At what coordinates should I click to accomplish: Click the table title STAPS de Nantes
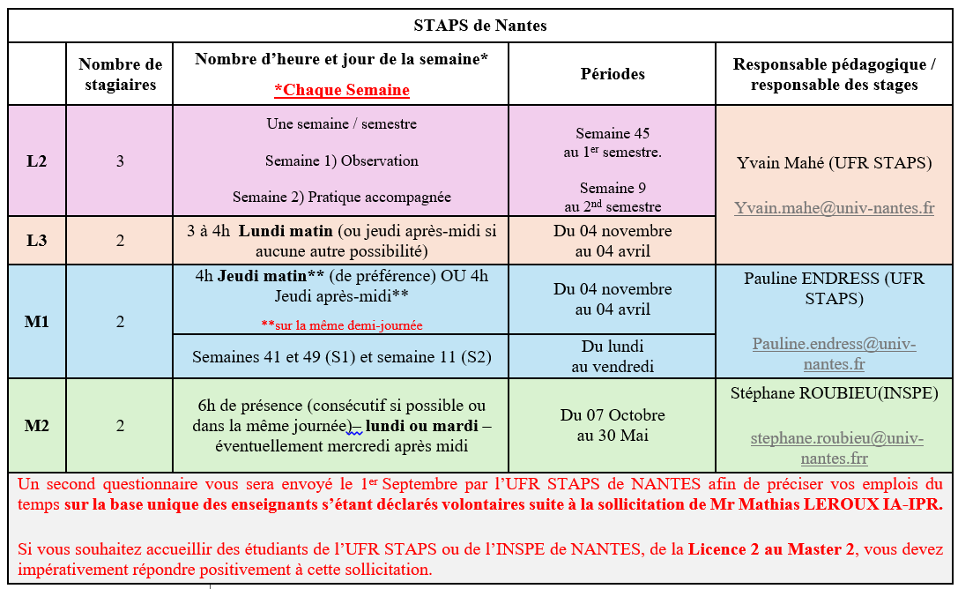coord(479,26)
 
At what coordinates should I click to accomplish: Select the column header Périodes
coord(613,74)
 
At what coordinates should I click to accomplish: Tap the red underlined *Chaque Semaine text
coord(341,90)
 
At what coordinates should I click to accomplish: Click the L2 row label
coord(37,161)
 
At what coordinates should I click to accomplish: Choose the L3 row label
coord(37,241)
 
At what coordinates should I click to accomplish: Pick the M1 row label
coord(37,322)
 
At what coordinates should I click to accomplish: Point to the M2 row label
coord(37,426)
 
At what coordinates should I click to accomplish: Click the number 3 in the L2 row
coord(121,161)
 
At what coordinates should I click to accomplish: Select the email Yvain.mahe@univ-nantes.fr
coord(834,208)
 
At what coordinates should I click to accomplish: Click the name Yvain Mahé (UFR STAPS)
coord(834,163)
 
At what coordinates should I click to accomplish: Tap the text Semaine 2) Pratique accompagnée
coord(341,198)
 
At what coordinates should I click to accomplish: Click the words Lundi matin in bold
coord(286,231)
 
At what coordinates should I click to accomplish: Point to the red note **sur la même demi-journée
coord(341,325)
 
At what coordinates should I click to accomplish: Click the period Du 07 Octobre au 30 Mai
coord(613,425)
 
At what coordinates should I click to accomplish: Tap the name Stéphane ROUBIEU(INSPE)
coord(834,393)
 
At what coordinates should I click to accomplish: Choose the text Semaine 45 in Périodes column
coord(613,134)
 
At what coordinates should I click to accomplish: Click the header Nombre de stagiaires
coord(121,74)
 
